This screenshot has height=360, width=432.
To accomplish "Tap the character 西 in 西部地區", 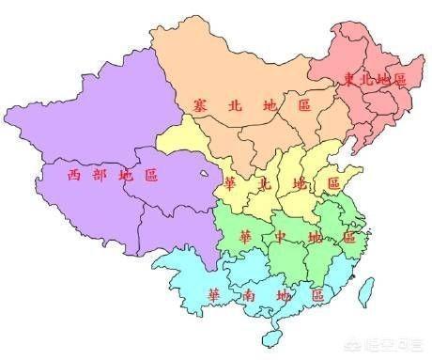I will [73, 174].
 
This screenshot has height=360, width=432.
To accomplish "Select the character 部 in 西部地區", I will [99, 174].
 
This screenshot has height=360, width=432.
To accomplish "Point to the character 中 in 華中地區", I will [281, 235].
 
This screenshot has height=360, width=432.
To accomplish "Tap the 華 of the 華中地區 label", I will [246, 235].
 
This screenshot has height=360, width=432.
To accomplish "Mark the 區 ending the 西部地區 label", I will [150, 174].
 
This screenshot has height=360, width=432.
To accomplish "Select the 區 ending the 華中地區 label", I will [348, 235].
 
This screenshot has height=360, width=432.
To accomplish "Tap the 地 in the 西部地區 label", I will [125, 174].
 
